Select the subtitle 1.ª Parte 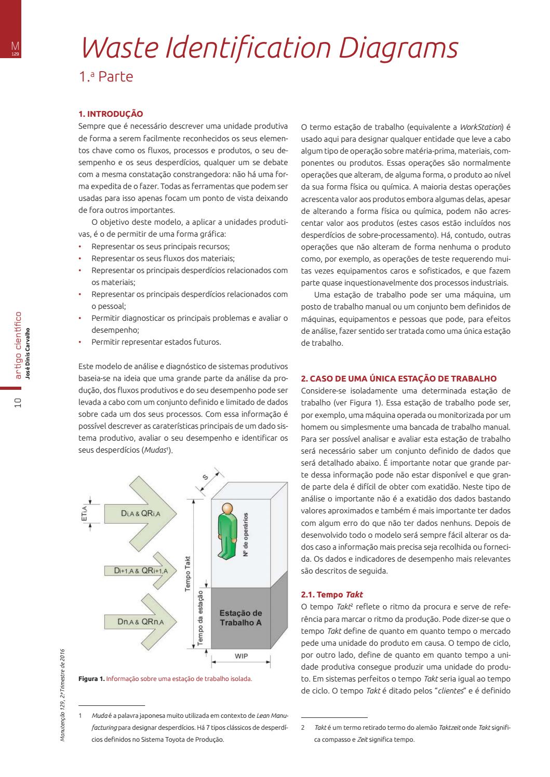[x=106, y=77]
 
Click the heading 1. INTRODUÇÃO [x=110, y=114]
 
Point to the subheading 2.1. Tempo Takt [x=332, y=594]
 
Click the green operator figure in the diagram [x=226, y=529]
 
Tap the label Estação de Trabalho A [x=240, y=617]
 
